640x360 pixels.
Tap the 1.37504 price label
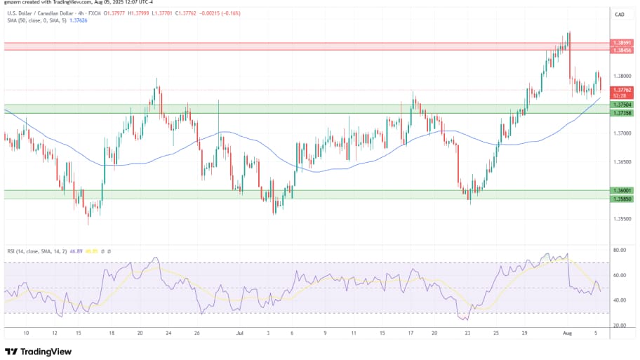[620, 105]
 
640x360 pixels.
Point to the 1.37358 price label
[620, 113]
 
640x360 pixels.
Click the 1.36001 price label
[620, 190]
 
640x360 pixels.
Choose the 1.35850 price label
[620, 198]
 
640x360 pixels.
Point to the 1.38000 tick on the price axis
[620, 76]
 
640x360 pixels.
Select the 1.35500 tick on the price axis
[620, 218]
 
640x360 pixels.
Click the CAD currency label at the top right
[620, 14]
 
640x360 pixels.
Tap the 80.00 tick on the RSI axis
[619, 250]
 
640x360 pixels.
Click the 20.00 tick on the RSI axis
[619, 326]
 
